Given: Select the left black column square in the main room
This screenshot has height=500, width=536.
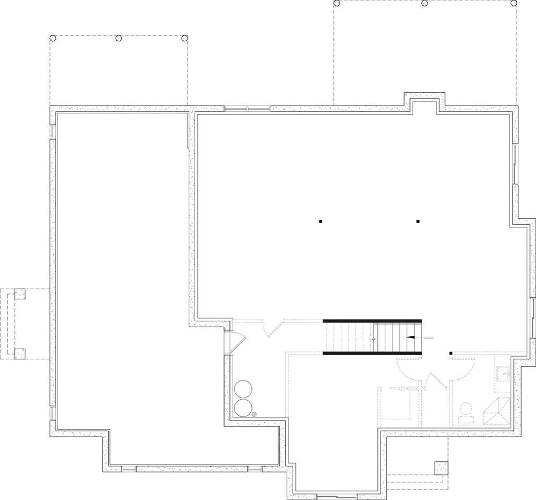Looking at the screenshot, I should [321, 221].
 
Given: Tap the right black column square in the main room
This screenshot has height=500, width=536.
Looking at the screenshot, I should [418, 221].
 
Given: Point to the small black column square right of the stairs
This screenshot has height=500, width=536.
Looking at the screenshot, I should [451, 352].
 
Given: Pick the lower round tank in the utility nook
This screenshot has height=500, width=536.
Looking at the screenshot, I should [243, 407].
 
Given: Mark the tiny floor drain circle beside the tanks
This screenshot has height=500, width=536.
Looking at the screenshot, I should [255, 414].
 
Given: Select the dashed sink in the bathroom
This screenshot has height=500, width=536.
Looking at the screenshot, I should [503, 371].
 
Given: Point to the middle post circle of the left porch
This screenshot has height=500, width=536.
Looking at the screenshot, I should [119, 38].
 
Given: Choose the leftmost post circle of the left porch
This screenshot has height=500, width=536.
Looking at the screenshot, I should [53, 38].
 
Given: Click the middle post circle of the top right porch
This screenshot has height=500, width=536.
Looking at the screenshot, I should [425, 3].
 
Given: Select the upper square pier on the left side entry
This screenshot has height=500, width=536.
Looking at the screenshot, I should [20, 294].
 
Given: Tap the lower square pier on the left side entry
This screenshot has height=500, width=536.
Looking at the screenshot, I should [20, 353].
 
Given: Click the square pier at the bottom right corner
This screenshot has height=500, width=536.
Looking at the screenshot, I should [441, 467].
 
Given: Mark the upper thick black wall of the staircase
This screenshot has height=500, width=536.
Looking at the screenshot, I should [373, 321].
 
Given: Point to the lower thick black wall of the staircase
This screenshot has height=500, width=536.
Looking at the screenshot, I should [373, 354].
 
